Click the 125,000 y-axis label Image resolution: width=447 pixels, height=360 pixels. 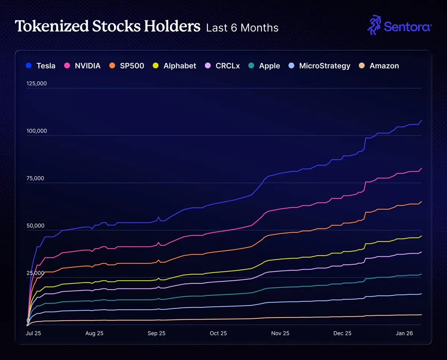tap(37, 83)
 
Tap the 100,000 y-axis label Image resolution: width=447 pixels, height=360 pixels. tap(37, 131)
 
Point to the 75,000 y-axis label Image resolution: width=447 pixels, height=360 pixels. tap(35, 178)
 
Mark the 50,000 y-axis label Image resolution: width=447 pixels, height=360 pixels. tap(35, 225)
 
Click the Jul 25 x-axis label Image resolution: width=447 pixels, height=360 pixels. tap(34, 333)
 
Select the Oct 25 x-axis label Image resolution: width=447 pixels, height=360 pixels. tap(219, 333)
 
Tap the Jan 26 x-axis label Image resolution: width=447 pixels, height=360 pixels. tap(404, 333)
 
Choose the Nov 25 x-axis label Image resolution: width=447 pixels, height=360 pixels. tap(280, 333)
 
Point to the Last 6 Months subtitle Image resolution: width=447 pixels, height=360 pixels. tap(242, 28)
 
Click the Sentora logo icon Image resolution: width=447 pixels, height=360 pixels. tap(374, 25)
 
